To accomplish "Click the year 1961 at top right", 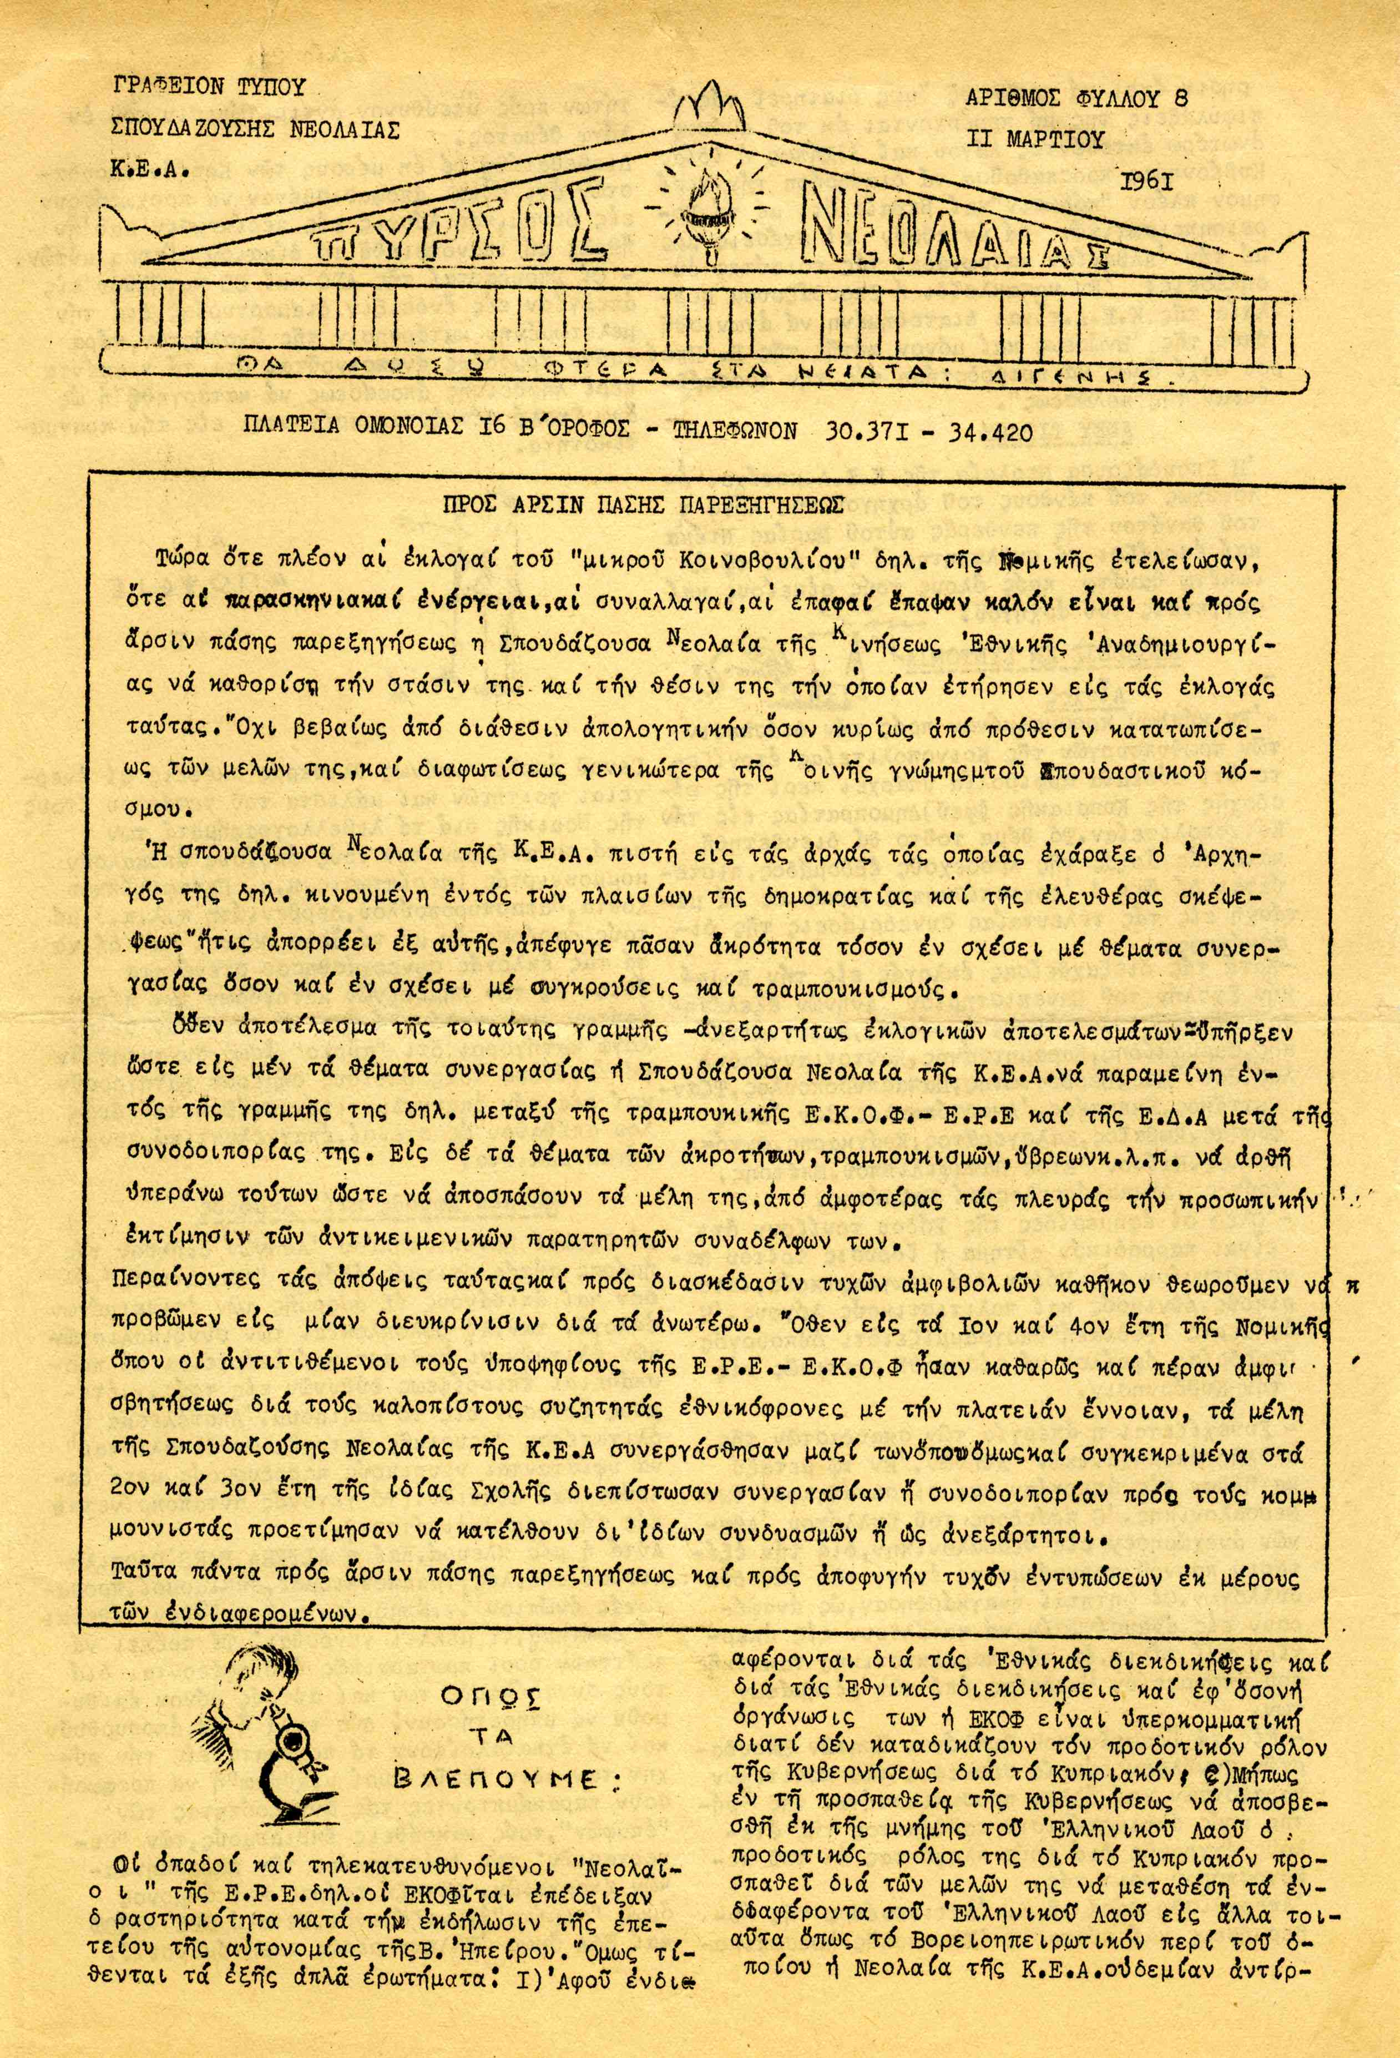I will (1147, 183).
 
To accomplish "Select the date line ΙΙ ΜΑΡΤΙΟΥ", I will (1037, 138).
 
